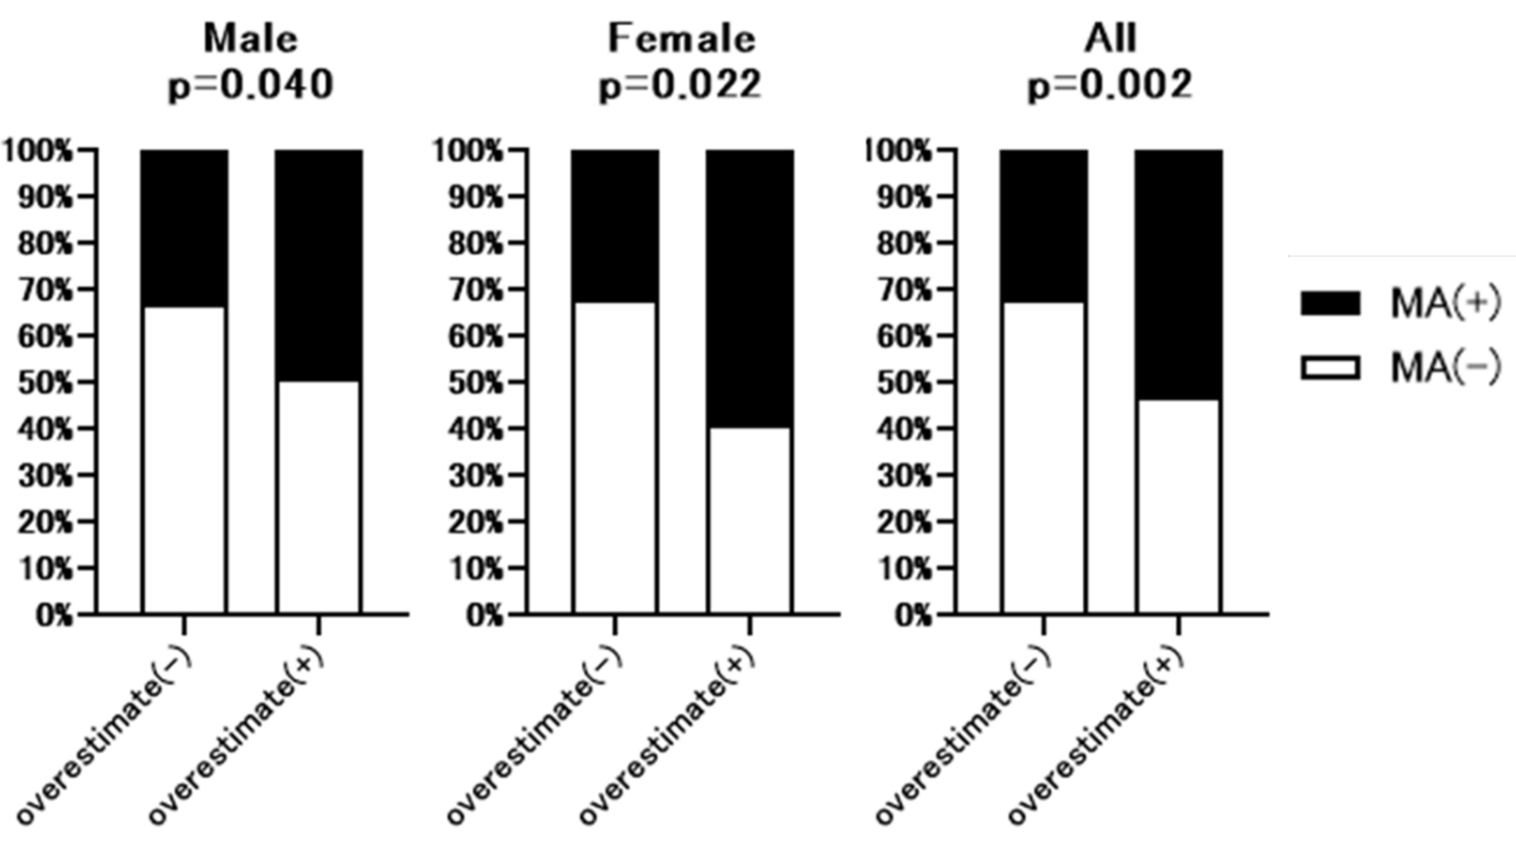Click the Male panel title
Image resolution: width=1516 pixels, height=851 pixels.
tap(251, 39)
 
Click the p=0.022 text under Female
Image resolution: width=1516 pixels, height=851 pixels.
tap(680, 85)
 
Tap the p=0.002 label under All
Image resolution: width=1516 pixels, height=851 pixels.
tap(1110, 85)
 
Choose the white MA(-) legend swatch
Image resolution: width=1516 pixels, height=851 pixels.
tap(1330, 368)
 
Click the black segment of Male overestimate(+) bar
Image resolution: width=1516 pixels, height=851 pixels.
tap(319, 265)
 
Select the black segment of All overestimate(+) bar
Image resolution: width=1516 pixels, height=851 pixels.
tap(1178, 274)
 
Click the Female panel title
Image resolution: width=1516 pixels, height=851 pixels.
tap(680, 39)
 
